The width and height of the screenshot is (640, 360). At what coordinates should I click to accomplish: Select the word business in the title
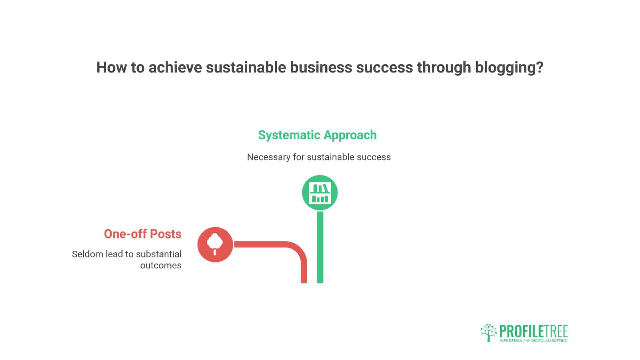tap(321, 67)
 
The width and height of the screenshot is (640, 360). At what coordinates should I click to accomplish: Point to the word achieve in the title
tap(175, 67)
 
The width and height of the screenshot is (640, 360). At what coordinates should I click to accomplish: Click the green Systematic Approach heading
tap(317, 135)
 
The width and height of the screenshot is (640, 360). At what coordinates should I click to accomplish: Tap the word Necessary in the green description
tap(269, 157)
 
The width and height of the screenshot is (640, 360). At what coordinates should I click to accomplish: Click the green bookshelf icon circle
tap(320, 193)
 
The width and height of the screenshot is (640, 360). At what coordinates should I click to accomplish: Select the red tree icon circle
tap(215, 245)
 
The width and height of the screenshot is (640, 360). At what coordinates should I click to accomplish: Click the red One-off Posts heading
tap(143, 234)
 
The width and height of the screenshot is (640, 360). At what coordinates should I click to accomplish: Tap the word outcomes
tap(161, 266)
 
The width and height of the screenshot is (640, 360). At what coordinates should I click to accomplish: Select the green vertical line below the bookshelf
tap(320, 247)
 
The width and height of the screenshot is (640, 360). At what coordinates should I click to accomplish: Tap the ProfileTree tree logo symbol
tap(489, 333)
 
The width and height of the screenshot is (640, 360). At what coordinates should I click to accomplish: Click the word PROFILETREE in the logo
tap(533, 332)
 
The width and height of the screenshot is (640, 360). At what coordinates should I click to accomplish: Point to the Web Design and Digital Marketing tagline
tap(533, 341)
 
